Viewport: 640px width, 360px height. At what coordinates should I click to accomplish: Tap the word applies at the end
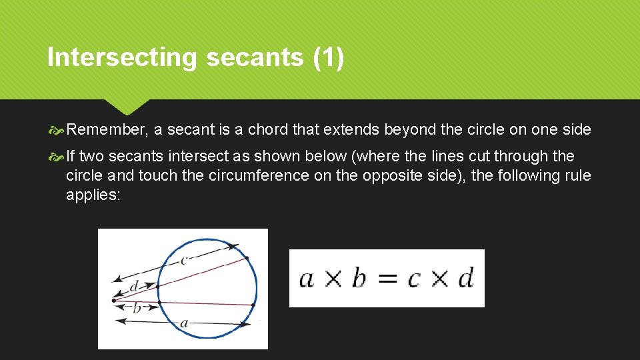click(92, 195)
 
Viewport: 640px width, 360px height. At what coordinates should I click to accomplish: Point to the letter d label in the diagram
click(134, 286)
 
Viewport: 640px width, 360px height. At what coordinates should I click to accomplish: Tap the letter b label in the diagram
click(137, 307)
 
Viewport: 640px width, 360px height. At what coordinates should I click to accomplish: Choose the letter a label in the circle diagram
click(184, 323)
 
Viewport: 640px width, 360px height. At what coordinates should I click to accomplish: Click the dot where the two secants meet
click(114, 300)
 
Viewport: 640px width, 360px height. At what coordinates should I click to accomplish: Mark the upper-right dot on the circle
click(247, 257)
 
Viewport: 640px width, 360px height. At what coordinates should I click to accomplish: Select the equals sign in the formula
click(386, 278)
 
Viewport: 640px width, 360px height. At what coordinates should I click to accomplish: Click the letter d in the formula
click(465, 277)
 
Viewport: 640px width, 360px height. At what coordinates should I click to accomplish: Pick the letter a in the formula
click(307, 279)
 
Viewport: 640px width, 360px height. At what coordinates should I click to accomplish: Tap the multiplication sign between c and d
click(439, 279)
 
